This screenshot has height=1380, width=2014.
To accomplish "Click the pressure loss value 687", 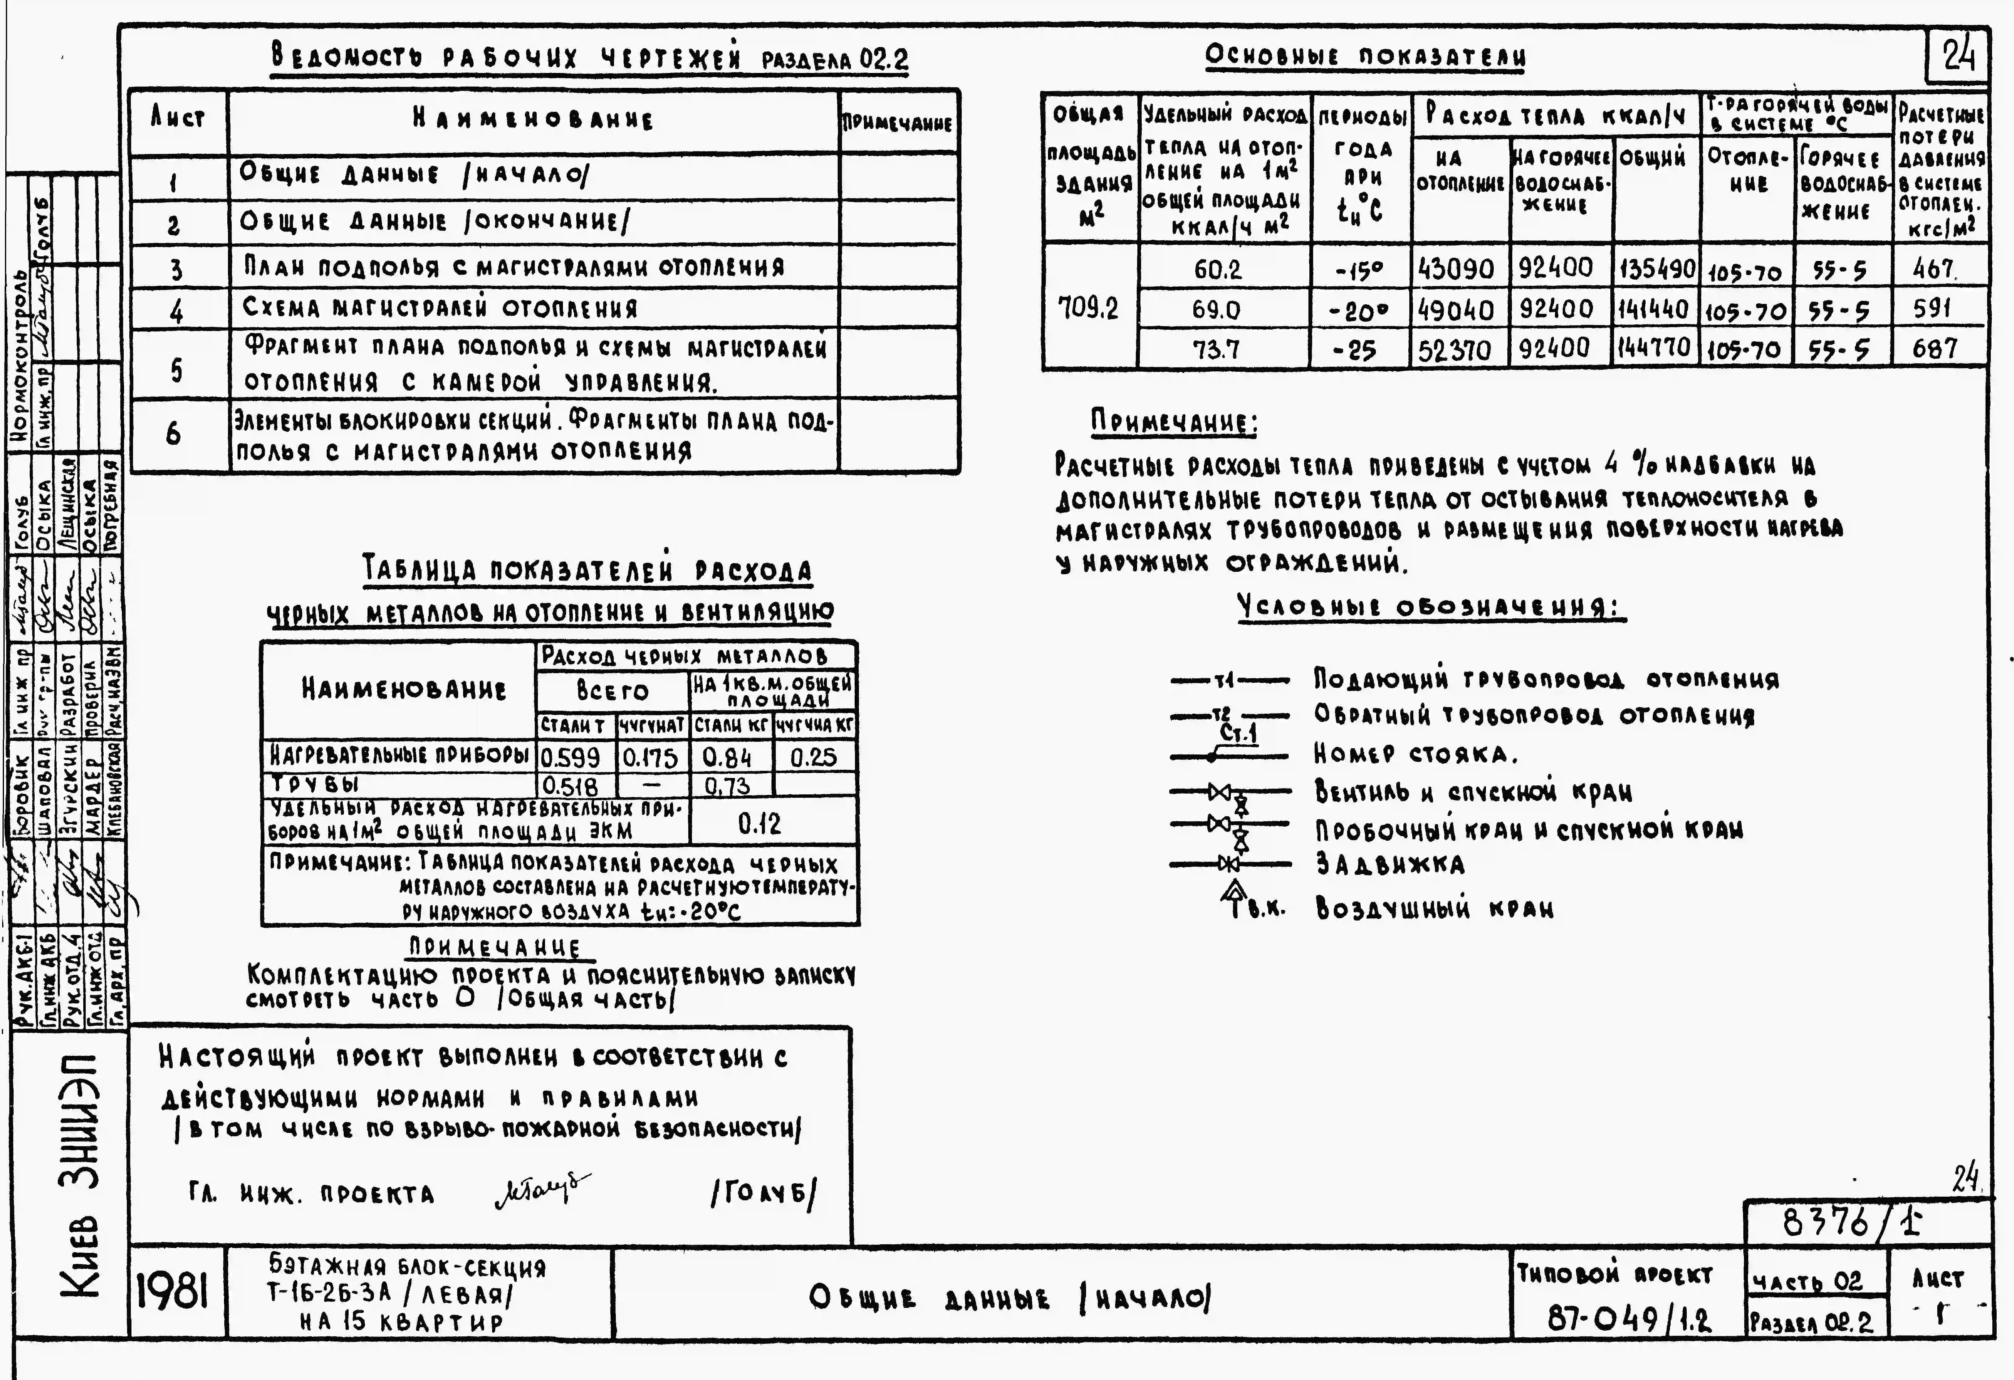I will pos(1935,349).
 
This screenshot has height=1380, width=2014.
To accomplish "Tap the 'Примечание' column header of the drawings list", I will pos(898,123).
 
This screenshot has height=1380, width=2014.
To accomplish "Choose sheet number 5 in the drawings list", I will pos(177,370).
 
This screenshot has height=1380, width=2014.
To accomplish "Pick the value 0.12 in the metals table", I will pos(760,823).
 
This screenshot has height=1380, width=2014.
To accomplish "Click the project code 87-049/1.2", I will pos(1629,1319).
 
